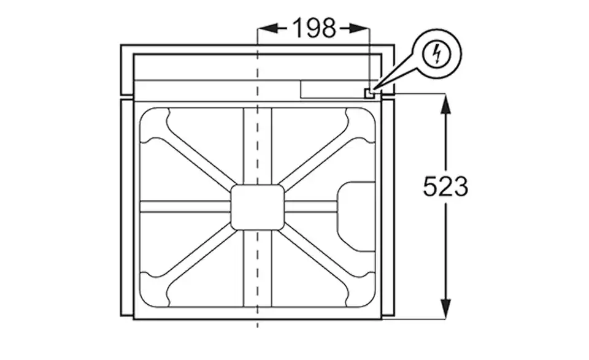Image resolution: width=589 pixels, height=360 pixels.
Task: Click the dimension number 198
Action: (x=314, y=28)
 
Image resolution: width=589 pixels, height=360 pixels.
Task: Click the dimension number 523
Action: (x=445, y=186)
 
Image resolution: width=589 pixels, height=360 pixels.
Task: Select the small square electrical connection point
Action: (x=369, y=93)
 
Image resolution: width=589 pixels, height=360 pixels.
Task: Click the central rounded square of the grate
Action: (x=257, y=207)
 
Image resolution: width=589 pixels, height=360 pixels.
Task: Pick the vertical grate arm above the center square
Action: (x=257, y=147)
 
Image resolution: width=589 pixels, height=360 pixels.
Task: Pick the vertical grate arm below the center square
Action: (x=257, y=270)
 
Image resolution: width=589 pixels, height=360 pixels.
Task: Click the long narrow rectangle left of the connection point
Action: (x=331, y=89)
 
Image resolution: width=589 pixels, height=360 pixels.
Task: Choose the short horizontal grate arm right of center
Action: (x=310, y=207)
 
